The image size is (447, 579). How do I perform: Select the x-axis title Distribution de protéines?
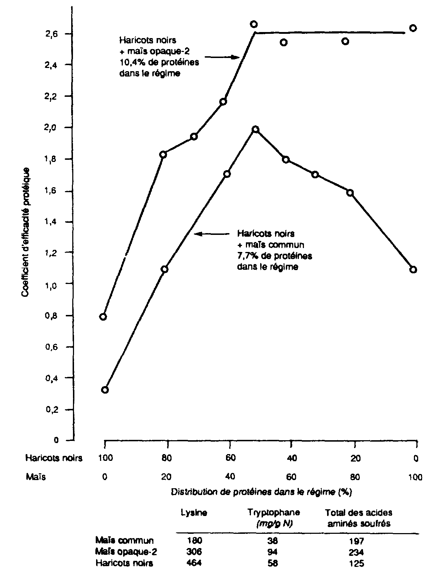tap(261, 492)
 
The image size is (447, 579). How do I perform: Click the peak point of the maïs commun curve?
tap(255, 130)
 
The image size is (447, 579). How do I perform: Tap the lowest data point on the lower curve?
tap(105, 390)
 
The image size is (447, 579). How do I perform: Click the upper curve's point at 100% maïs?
tap(413, 28)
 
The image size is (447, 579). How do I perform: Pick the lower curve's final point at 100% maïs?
tap(413, 269)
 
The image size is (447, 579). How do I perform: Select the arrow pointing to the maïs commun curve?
tap(212, 234)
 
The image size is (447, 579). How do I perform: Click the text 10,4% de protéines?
tap(159, 63)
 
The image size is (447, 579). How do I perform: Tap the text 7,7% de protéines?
tap(274, 256)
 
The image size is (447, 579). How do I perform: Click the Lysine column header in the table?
tap(194, 513)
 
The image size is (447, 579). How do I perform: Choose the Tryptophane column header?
tap(274, 513)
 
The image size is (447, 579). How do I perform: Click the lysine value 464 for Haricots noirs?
tap(194, 563)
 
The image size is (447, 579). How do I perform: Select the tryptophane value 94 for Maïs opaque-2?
tap(273, 552)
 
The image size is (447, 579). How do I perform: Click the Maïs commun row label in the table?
tap(125, 541)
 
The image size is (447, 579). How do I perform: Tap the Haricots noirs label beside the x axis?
tap(54, 458)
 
